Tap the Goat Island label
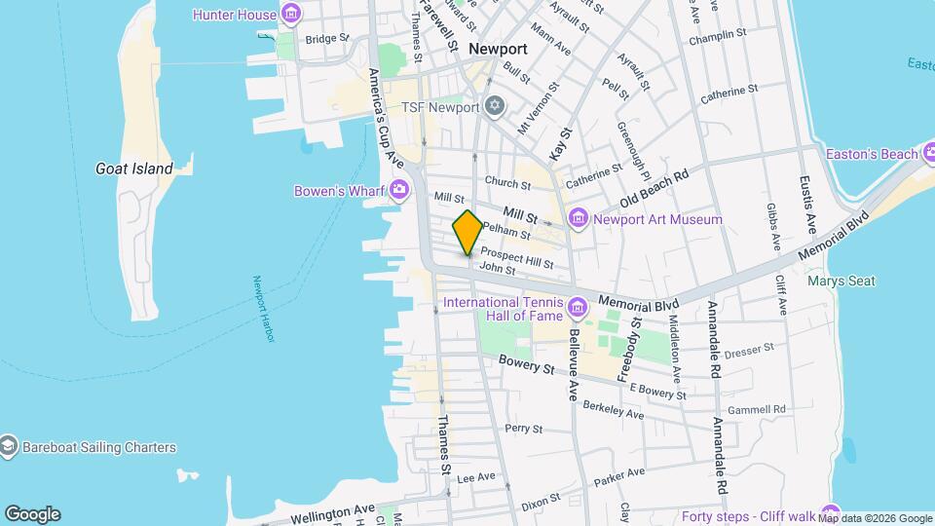click(134, 169)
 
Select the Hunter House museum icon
click(290, 14)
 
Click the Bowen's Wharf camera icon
click(398, 191)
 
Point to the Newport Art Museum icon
click(580, 219)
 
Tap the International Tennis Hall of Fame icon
click(579, 309)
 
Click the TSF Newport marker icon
click(495, 106)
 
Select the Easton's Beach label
click(872, 154)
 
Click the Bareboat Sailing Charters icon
click(9, 447)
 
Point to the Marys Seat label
click(841, 282)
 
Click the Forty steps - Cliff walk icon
click(829, 513)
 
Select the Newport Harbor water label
click(265, 309)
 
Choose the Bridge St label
click(326, 39)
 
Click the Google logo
click(32, 513)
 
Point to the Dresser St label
click(748, 347)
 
